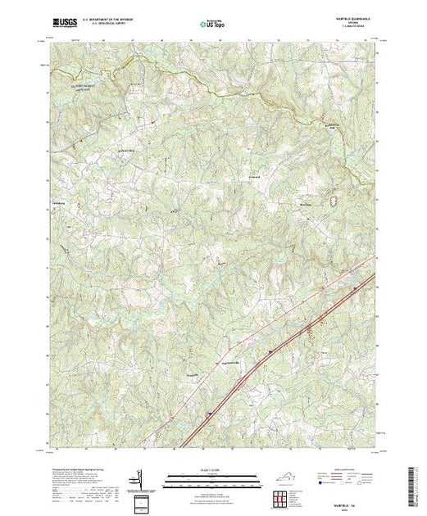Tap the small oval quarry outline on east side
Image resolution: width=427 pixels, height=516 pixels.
(x=334, y=199)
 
